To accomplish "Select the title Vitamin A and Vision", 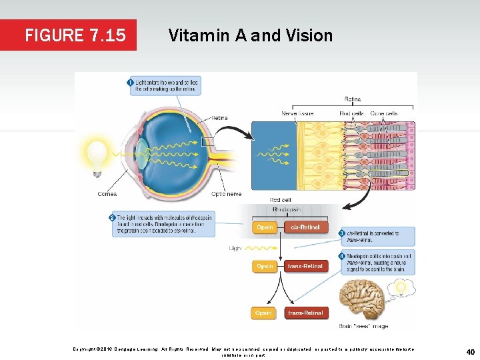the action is pyautogui.click(x=250, y=35).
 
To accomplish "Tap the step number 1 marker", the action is pyautogui.click(x=129, y=82).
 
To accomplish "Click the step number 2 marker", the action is pyautogui.click(x=111, y=218).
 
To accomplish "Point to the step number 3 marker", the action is pyautogui.click(x=341, y=233).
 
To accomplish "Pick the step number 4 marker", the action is pyautogui.click(x=341, y=256).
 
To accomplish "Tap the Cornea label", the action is pyautogui.click(x=107, y=194).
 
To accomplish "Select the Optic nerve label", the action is pyautogui.click(x=227, y=194).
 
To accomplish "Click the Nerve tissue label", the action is pyautogui.click(x=297, y=113).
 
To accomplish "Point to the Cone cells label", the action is pyautogui.click(x=385, y=113).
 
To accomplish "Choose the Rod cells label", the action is pyautogui.click(x=351, y=113).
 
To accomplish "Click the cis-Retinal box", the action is pyautogui.click(x=305, y=227).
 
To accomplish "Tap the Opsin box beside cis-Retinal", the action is pyautogui.click(x=265, y=227).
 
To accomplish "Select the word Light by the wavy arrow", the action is pyautogui.click(x=236, y=248).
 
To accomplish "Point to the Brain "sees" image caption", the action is pyautogui.click(x=363, y=327).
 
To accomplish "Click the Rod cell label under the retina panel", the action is pyautogui.click(x=280, y=199).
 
